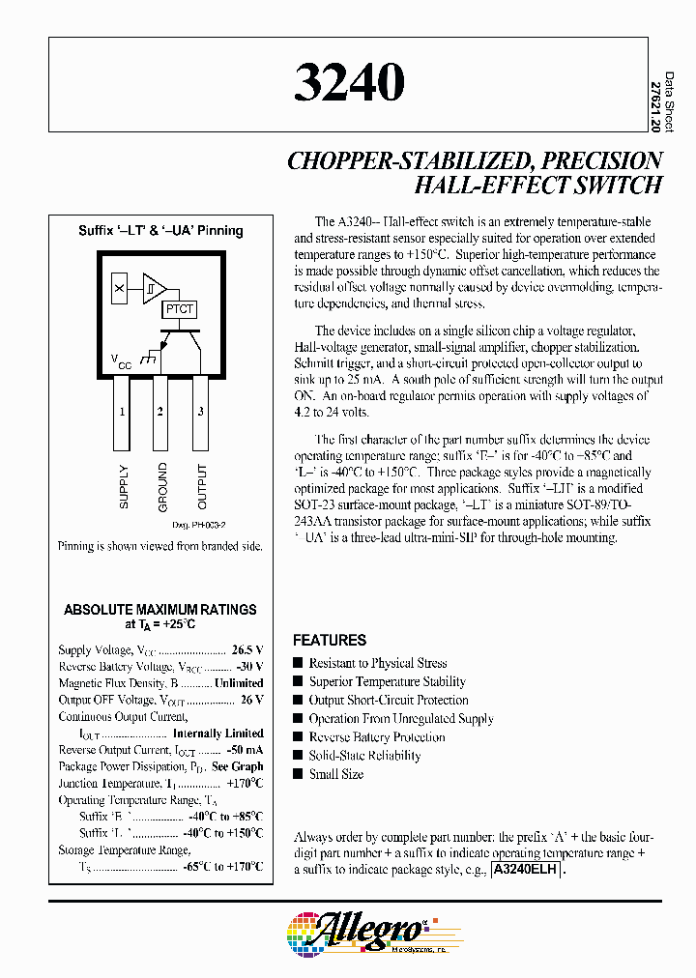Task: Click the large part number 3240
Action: [x=349, y=83]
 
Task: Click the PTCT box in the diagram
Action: [x=179, y=309]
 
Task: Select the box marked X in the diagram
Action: [x=119, y=288]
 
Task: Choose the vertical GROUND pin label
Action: [x=162, y=487]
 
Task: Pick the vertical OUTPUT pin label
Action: [x=202, y=487]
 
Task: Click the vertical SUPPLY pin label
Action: [x=124, y=487]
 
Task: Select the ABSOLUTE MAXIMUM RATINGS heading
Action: [x=160, y=610]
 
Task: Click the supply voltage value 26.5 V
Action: [x=247, y=650]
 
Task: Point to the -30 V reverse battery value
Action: [x=249, y=667]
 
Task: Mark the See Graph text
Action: [x=238, y=766]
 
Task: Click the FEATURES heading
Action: [x=330, y=640]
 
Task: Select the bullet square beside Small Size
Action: [x=298, y=774]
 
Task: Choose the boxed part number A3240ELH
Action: [x=527, y=870]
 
